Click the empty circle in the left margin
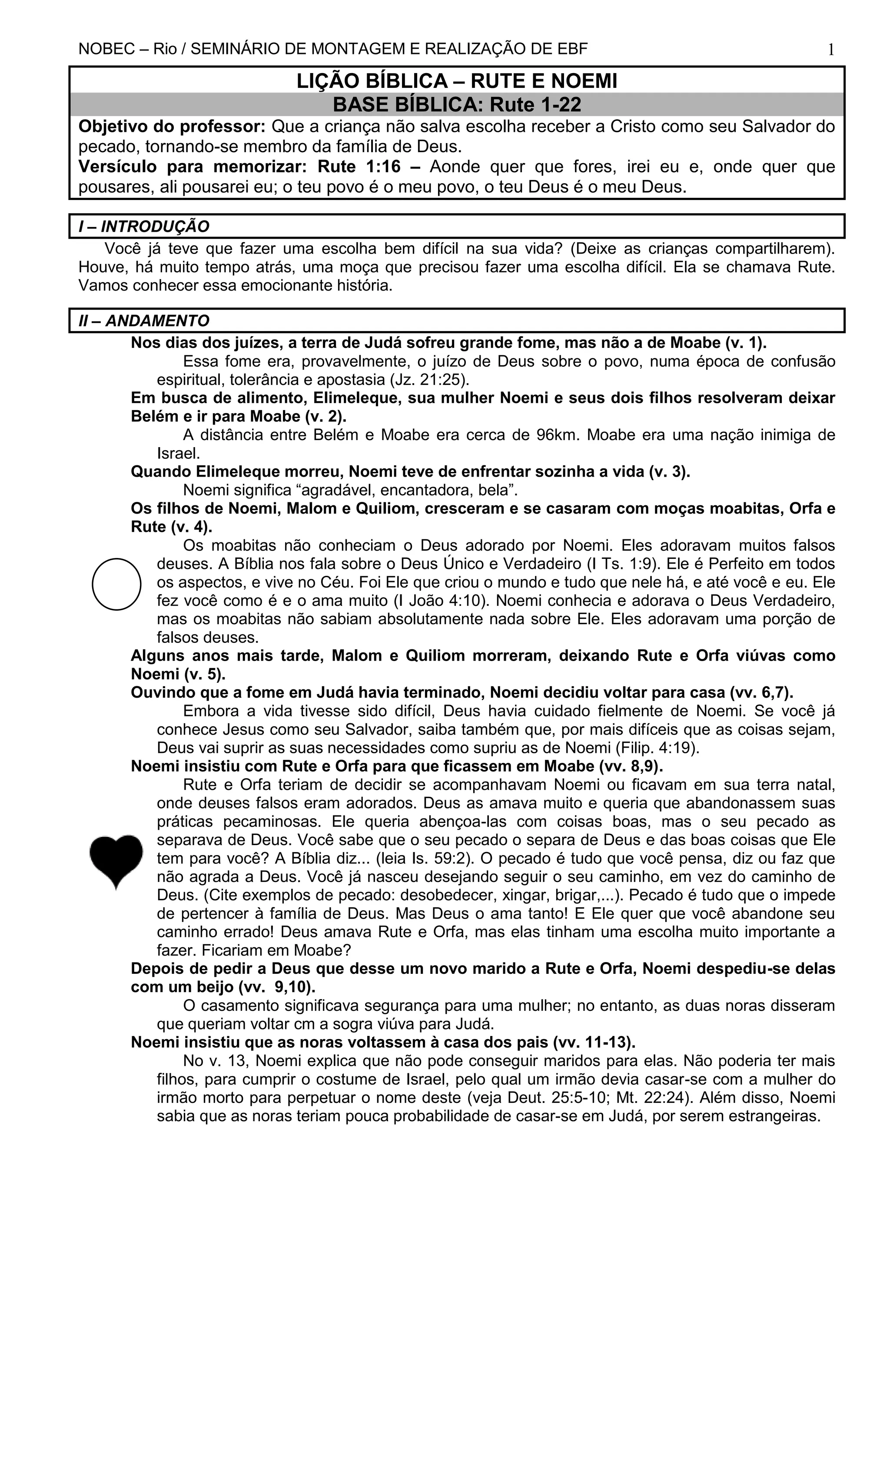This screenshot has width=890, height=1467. pos(116,584)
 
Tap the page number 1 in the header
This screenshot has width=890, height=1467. pos(830,50)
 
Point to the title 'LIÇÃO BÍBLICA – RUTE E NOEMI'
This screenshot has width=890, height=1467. pos(456,81)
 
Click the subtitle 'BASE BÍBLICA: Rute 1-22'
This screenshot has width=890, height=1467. pos(456,105)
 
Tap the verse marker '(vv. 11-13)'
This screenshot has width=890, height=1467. pos(594,1043)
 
